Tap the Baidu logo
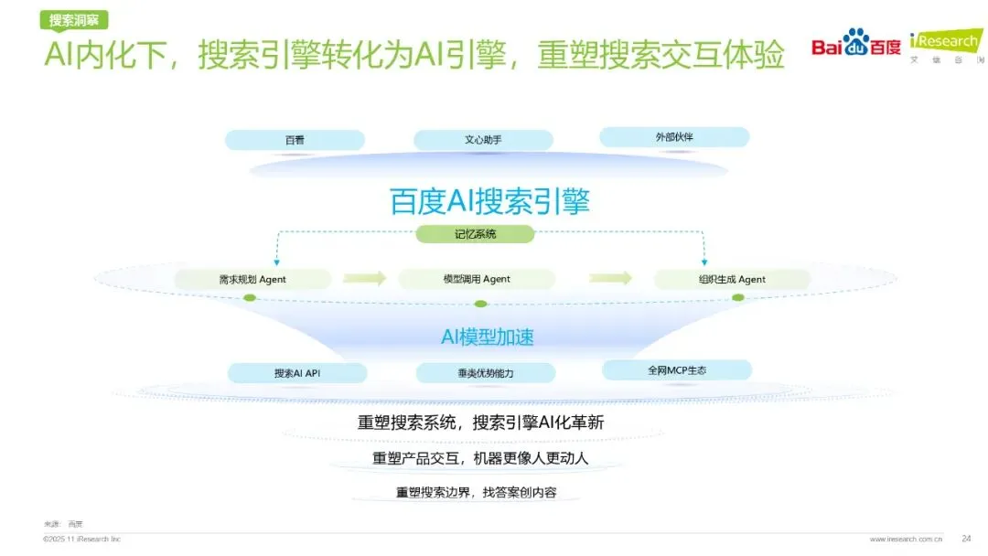(x=856, y=43)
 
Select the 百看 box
(x=295, y=140)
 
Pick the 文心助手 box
(x=483, y=140)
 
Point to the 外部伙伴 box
(x=674, y=137)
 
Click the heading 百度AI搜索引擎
(x=489, y=200)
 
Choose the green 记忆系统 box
(x=476, y=234)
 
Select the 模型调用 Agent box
(x=476, y=279)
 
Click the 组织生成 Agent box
(x=731, y=279)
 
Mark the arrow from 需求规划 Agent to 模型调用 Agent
(x=364, y=279)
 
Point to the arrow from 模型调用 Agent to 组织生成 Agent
(x=610, y=278)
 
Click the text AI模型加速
(x=488, y=337)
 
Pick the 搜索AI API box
(x=296, y=373)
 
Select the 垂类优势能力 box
(x=485, y=373)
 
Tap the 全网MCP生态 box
(x=676, y=370)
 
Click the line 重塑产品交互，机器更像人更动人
(x=480, y=458)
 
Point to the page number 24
(x=966, y=538)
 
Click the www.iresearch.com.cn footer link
(x=906, y=539)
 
